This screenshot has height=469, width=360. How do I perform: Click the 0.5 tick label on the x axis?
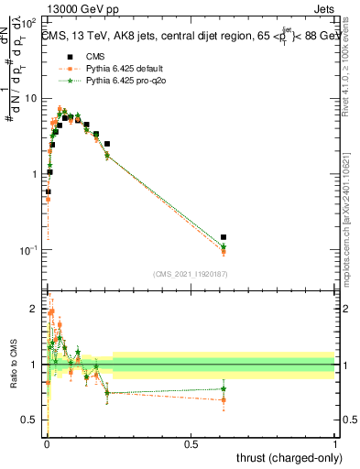pos(190,443)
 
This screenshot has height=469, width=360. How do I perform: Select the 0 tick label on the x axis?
pos(46,443)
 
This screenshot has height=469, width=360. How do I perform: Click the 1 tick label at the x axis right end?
pos(335,443)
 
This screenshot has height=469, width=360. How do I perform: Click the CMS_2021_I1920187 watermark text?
pos(191,274)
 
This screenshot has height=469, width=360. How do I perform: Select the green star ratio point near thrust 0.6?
pos(224,389)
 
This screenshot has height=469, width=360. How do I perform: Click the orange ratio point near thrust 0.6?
pos(224,399)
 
